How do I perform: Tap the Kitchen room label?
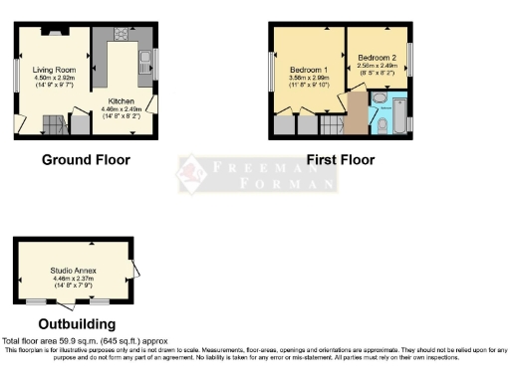click(122, 100)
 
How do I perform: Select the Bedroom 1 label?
click(306, 70)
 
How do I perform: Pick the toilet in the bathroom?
click(382, 124)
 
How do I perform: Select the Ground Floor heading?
click(85, 159)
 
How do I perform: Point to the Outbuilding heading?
click(76, 324)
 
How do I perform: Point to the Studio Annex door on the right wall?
click(136, 264)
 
